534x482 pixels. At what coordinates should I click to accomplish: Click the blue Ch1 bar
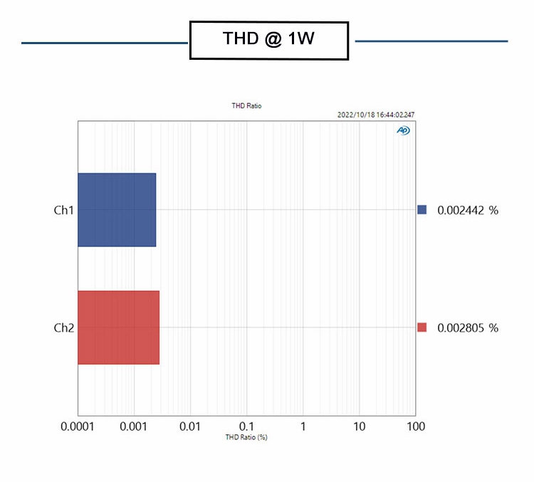pyautogui.click(x=117, y=210)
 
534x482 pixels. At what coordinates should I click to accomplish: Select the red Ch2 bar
pyautogui.click(x=118, y=328)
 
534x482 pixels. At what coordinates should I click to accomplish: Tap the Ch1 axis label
pyautogui.click(x=64, y=210)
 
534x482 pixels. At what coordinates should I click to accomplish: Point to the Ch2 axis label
pyautogui.click(x=64, y=328)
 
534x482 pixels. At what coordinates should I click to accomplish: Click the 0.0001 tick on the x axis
pyautogui.click(x=78, y=426)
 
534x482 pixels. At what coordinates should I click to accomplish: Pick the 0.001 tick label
pyautogui.click(x=134, y=426)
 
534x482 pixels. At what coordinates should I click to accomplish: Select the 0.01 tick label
pyautogui.click(x=190, y=426)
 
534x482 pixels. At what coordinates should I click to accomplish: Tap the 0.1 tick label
pyautogui.click(x=246, y=426)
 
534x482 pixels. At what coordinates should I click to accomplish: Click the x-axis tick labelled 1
pyautogui.click(x=303, y=426)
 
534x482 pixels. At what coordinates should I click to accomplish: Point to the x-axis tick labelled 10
pyautogui.click(x=359, y=426)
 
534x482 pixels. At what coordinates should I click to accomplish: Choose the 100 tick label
pyautogui.click(x=415, y=426)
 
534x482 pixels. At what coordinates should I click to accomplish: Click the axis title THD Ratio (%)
pyautogui.click(x=246, y=437)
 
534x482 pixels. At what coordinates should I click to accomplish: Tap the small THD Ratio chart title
pyautogui.click(x=246, y=106)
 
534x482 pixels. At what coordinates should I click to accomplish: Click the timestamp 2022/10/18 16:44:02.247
pyautogui.click(x=375, y=115)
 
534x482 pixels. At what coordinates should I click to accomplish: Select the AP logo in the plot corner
pyautogui.click(x=403, y=130)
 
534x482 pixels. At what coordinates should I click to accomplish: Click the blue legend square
pyautogui.click(x=422, y=210)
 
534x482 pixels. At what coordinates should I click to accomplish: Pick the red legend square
pyautogui.click(x=422, y=328)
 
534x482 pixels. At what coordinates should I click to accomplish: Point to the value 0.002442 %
pyautogui.click(x=468, y=210)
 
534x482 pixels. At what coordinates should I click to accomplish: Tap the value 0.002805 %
pyautogui.click(x=468, y=328)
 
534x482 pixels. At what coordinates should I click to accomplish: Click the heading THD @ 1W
pyautogui.click(x=268, y=40)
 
